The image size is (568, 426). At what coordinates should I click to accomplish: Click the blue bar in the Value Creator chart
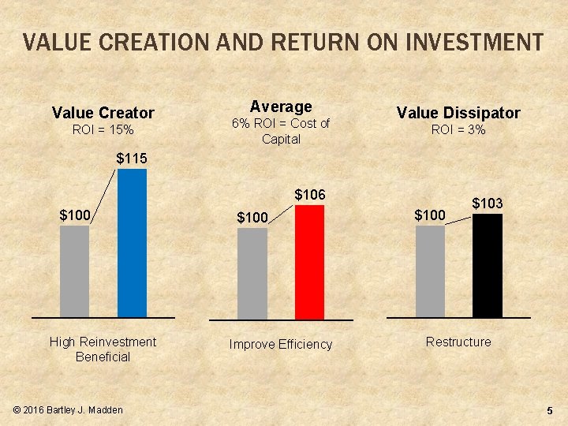[132, 242]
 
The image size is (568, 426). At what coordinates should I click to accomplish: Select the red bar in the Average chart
[309, 262]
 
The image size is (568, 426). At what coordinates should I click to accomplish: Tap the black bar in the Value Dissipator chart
[487, 265]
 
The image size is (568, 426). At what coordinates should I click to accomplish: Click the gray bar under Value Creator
[75, 271]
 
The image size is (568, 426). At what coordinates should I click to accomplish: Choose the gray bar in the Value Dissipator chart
[430, 271]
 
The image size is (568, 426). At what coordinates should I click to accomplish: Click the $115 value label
[132, 159]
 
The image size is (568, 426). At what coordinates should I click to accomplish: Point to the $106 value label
[310, 194]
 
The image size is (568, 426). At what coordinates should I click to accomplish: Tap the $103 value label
[488, 204]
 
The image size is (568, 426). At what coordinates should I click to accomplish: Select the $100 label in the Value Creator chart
[76, 215]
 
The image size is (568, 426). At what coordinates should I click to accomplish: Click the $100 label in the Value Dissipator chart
[431, 215]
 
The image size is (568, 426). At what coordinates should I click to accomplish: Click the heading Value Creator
[103, 113]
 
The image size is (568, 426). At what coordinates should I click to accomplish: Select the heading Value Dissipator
[458, 113]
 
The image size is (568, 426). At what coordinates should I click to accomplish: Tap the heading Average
[281, 106]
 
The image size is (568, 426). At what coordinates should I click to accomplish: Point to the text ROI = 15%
[103, 129]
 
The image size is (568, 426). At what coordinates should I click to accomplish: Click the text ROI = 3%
[458, 129]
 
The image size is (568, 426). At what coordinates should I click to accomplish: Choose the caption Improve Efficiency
[280, 344]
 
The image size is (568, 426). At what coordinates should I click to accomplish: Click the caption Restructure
[458, 342]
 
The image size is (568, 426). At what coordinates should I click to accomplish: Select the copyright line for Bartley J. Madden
[69, 410]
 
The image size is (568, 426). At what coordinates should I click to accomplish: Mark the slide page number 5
[549, 411]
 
